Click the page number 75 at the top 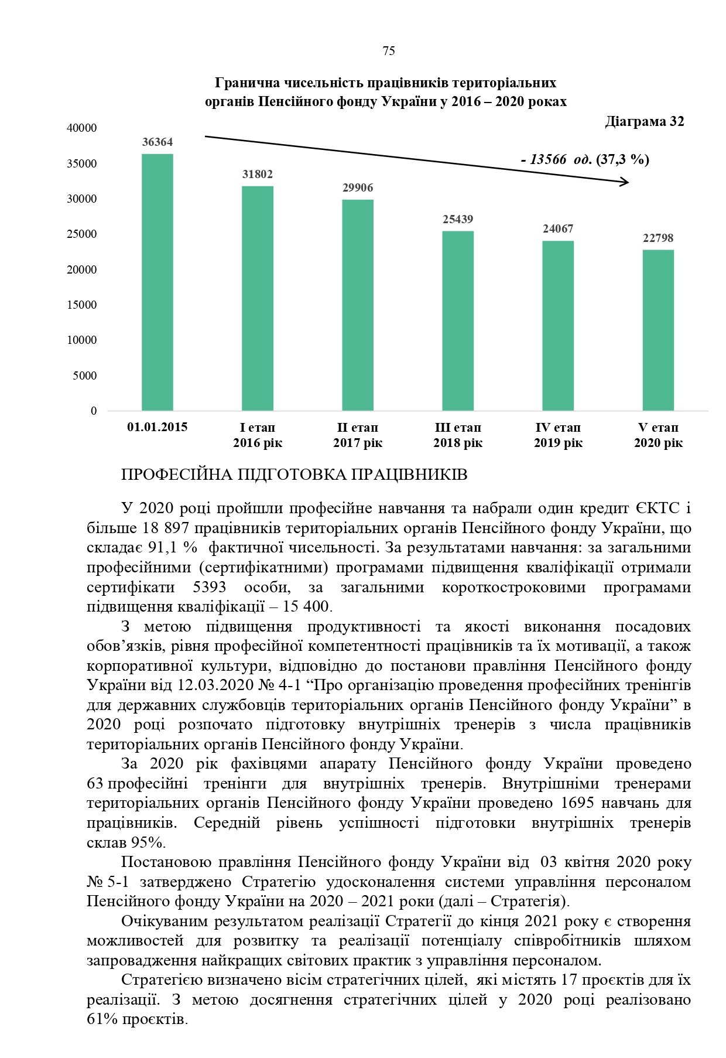coord(389,52)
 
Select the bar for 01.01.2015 coord(157,282)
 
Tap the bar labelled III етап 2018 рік coord(458,320)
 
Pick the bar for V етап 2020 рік coord(658,330)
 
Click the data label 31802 coord(258,175)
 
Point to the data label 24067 coord(558,229)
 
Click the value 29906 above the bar coord(358,188)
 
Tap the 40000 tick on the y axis coord(82,128)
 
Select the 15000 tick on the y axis coord(82,305)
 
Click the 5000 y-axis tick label coord(85,376)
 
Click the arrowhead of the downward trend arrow coord(625,182)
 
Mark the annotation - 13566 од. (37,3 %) coord(585,159)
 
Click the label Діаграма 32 coord(644,122)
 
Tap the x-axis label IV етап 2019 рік coord(558,435)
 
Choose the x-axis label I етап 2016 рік coord(258,435)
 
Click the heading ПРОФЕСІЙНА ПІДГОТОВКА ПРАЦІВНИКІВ coord(294,475)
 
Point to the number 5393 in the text coord(209,587)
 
